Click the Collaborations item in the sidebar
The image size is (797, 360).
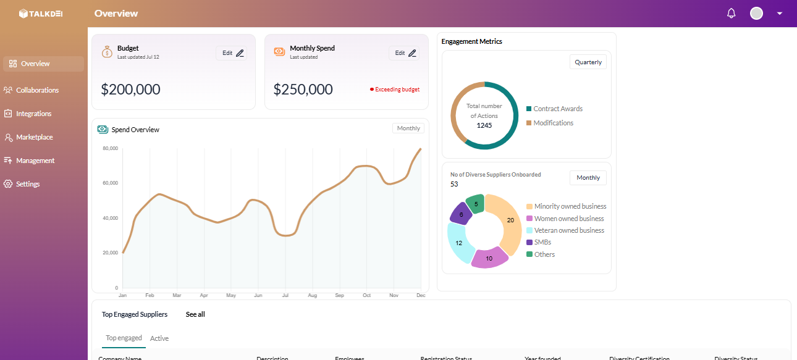tap(37, 90)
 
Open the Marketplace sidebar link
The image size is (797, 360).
tap(34, 137)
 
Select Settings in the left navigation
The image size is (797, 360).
tap(27, 184)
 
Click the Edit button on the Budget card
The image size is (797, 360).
tap(233, 53)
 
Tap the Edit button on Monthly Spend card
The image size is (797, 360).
tap(406, 53)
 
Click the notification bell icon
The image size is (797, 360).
tap(732, 13)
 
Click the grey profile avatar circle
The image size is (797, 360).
tap(756, 13)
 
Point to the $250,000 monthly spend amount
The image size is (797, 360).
tap(303, 90)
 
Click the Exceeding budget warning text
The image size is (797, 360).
tap(397, 90)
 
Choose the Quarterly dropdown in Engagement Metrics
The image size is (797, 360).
tap(588, 62)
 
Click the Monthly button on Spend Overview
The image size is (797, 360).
tap(408, 128)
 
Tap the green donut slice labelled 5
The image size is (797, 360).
tap(475, 204)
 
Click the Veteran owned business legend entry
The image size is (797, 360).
tap(568, 230)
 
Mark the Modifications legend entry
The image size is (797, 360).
tap(553, 123)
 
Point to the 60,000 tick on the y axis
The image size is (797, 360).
tap(110, 183)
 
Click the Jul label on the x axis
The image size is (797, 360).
tap(285, 295)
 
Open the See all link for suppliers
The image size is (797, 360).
tap(195, 314)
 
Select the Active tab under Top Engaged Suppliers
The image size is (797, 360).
tap(159, 338)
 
